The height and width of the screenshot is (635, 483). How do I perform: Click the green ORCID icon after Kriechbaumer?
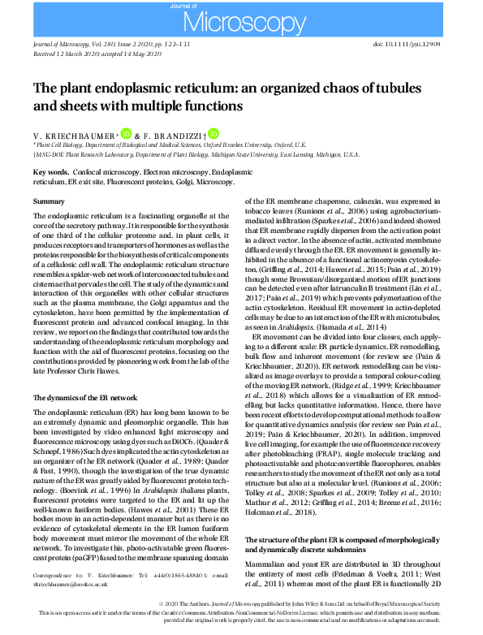[126, 133]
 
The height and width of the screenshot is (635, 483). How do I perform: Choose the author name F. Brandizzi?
[175, 135]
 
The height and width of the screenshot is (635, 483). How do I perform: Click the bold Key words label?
[50, 173]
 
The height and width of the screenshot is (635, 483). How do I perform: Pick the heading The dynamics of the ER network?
[85, 398]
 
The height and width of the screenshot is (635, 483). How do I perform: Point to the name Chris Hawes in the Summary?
[102, 376]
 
